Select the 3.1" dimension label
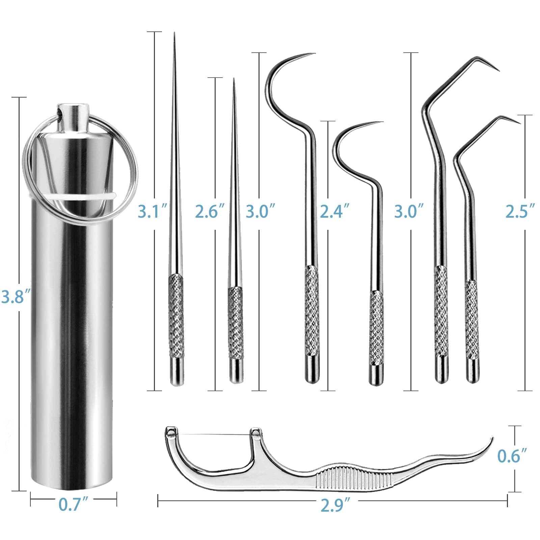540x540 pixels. (153, 212)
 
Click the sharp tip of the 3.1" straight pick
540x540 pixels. (174, 37)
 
